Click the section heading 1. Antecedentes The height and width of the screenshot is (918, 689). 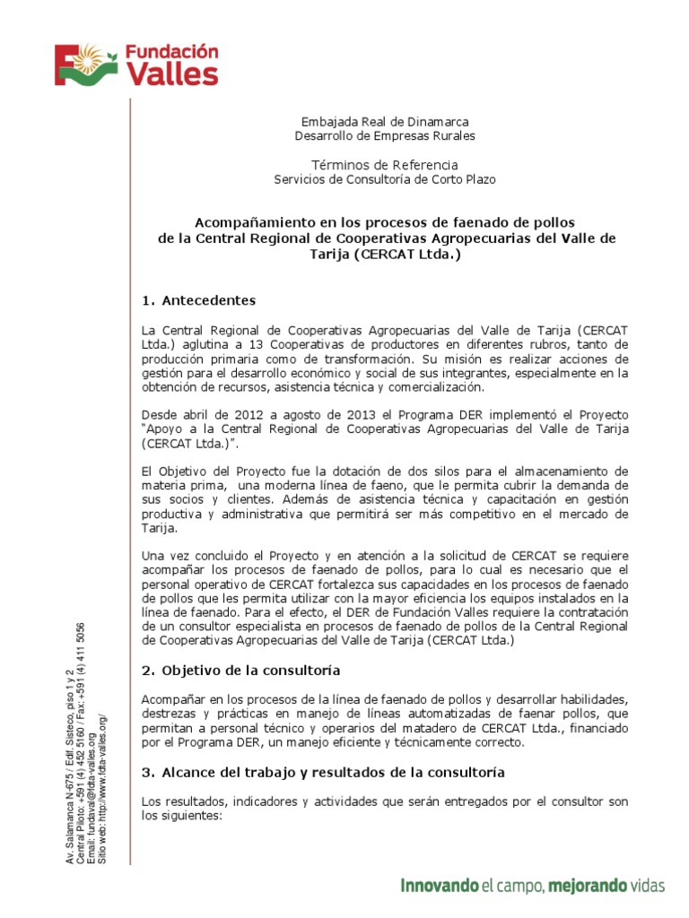click(x=199, y=299)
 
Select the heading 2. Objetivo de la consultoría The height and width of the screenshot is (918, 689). click(x=241, y=670)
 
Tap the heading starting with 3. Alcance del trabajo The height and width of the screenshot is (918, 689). click(x=323, y=772)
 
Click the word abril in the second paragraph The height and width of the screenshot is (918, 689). click(x=194, y=415)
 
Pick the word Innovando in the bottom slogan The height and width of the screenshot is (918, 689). click(x=438, y=886)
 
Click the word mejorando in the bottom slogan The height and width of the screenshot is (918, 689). click(x=588, y=886)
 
